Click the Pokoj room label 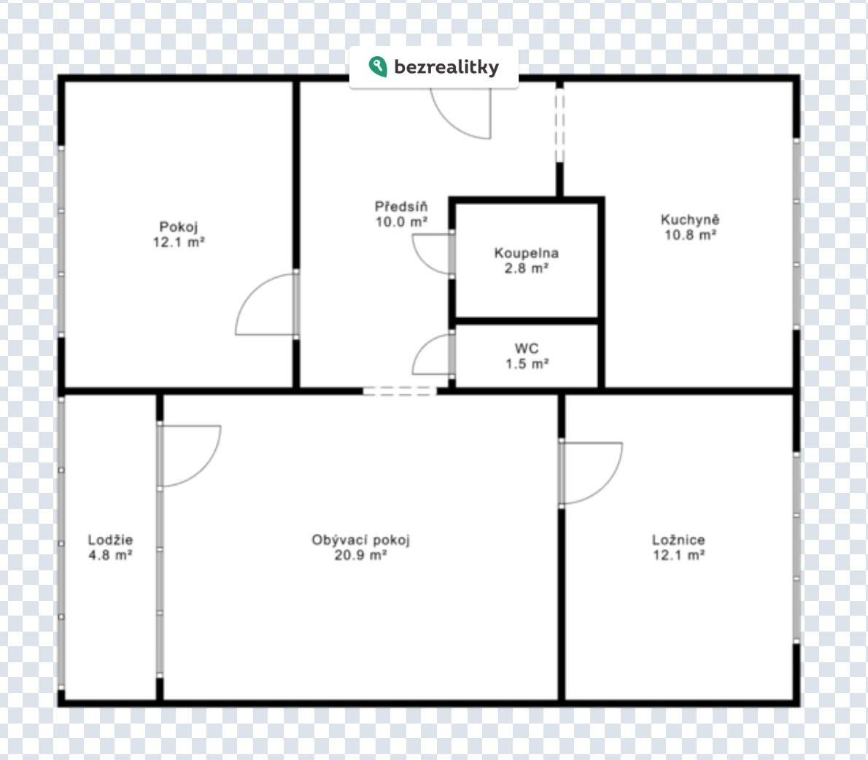pyautogui.click(x=178, y=227)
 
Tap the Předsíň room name pyautogui.click(x=401, y=206)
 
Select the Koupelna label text pyautogui.click(x=527, y=253)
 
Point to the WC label pyautogui.click(x=527, y=349)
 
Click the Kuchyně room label pyautogui.click(x=690, y=220)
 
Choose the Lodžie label pyautogui.click(x=110, y=540)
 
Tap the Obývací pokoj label pyautogui.click(x=360, y=540)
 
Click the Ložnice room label pyautogui.click(x=678, y=540)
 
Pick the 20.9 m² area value pyautogui.click(x=360, y=555)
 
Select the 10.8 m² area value pyautogui.click(x=690, y=235)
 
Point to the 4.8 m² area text pyautogui.click(x=110, y=555)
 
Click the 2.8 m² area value pyautogui.click(x=527, y=268)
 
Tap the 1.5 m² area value pyautogui.click(x=527, y=364)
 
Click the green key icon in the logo pyautogui.click(x=378, y=66)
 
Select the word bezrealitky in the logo pyautogui.click(x=446, y=67)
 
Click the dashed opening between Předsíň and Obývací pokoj pyautogui.click(x=400, y=392)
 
